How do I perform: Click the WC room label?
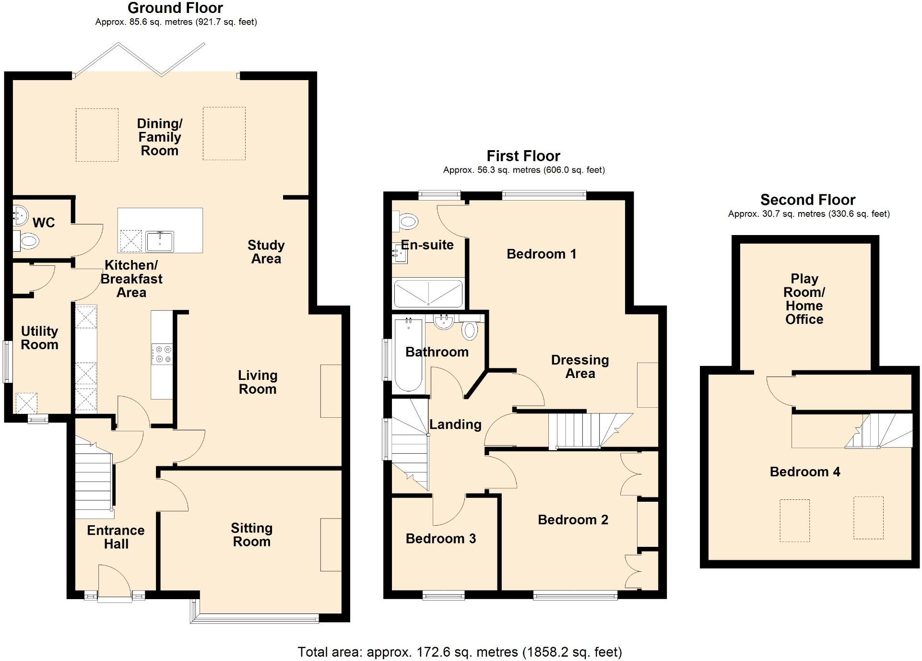(x=44, y=223)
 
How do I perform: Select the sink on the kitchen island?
(x=160, y=241)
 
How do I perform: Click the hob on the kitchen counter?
(x=162, y=354)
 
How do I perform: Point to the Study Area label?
(x=266, y=252)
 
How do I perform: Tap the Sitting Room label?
(x=251, y=535)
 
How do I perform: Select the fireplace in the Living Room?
(x=331, y=391)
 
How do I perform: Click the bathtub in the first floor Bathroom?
(x=408, y=355)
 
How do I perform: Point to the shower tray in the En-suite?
(x=428, y=294)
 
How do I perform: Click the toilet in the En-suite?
(x=407, y=221)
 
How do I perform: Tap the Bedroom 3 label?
(x=440, y=539)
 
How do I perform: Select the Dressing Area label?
(x=579, y=366)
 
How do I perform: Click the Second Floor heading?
(x=807, y=200)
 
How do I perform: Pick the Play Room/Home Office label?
(x=804, y=299)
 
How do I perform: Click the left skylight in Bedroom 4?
(x=794, y=520)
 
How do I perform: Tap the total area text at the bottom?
(x=460, y=652)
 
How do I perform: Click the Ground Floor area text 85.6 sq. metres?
(x=176, y=22)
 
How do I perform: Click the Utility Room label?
(x=39, y=338)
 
